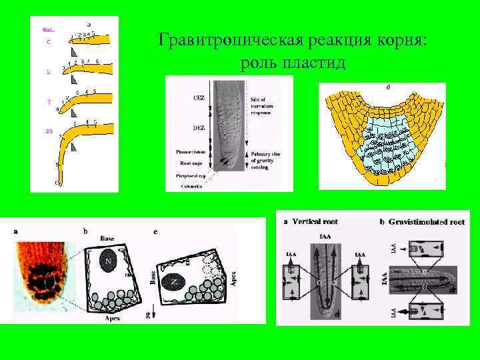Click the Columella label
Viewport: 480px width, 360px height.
tap(193, 186)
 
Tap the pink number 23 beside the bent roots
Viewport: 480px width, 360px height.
tap(48, 131)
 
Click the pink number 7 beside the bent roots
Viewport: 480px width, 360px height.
tap(48, 102)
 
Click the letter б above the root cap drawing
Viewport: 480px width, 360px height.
tap(387, 87)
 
